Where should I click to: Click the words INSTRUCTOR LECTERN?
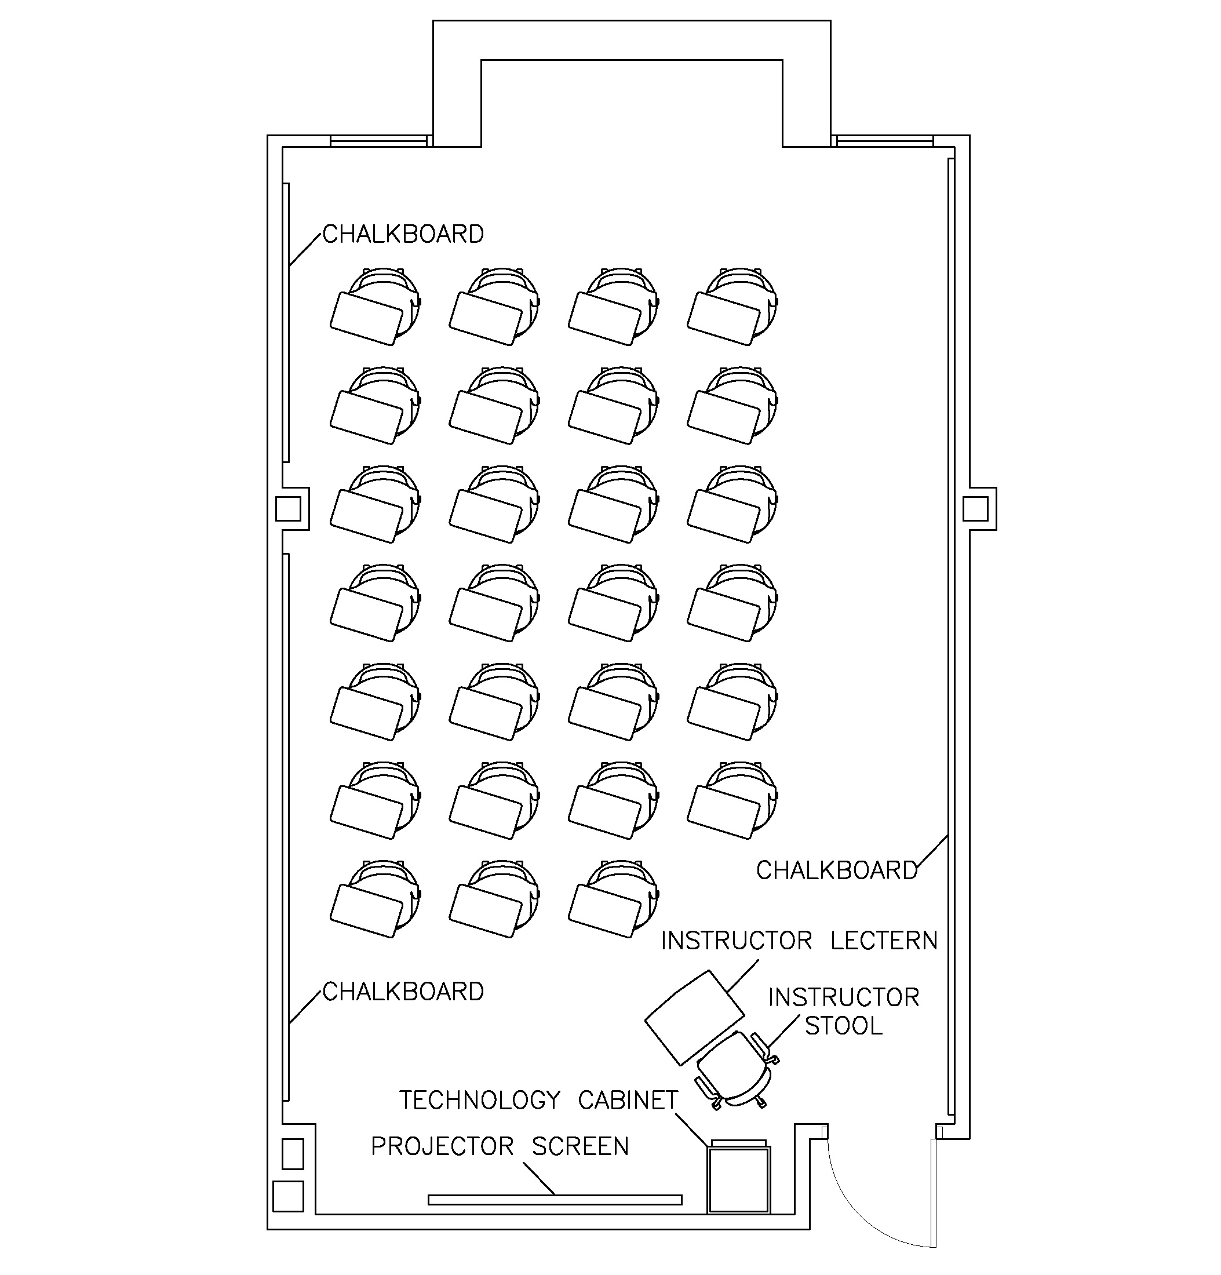799,941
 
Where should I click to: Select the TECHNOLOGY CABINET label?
538,1100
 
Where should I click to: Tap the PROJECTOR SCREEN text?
500,1146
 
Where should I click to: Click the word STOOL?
843,1026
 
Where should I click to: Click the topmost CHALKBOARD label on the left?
403,234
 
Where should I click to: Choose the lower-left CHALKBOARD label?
403,992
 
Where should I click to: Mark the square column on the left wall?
287,509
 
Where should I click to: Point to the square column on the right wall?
975,508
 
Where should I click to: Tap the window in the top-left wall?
378,140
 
